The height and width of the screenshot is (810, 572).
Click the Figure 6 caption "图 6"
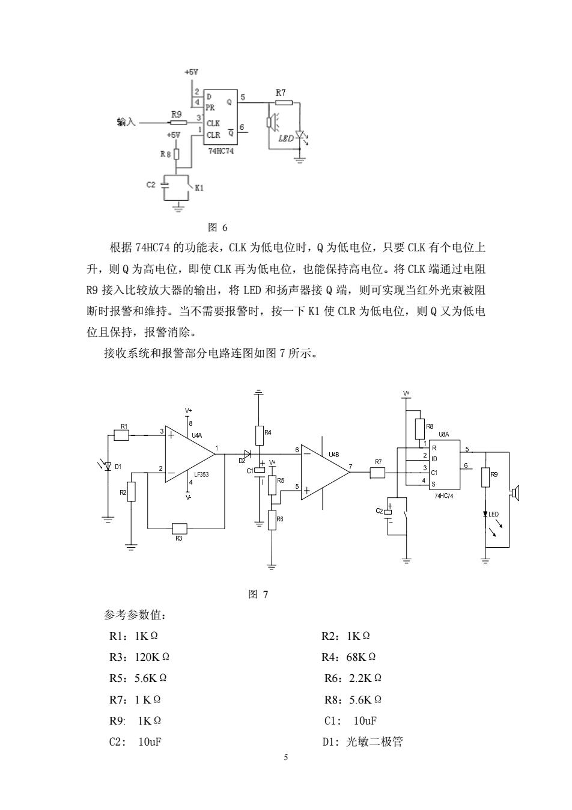click(x=218, y=227)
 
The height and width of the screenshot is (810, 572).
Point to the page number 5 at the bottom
click(x=286, y=757)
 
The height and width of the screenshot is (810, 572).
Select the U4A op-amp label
click(x=196, y=436)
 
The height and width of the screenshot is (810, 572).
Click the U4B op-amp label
click(x=334, y=455)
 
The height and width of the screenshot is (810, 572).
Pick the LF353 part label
click(x=201, y=474)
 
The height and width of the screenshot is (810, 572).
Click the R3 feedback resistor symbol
click(x=180, y=529)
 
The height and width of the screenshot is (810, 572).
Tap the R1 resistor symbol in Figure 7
click(x=121, y=435)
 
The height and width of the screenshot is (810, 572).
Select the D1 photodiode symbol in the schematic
click(x=108, y=467)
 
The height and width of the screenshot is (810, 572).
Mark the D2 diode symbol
click(x=248, y=453)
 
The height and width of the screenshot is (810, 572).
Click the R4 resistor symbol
click(x=260, y=435)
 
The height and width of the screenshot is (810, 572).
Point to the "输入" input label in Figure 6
click(x=126, y=122)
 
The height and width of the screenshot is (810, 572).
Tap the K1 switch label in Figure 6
click(x=199, y=188)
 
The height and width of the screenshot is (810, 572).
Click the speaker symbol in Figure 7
click(x=514, y=492)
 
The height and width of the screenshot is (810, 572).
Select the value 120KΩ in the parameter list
click(x=152, y=657)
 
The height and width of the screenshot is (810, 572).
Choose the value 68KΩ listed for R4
click(x=361, y=657)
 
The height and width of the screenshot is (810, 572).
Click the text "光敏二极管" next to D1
click(x=374, y=741)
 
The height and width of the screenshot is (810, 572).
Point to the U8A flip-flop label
click(x=444, y=434)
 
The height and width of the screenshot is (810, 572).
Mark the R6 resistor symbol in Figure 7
click(x=272, y=520)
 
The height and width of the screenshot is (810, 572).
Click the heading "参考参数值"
click(x=135, y=615)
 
